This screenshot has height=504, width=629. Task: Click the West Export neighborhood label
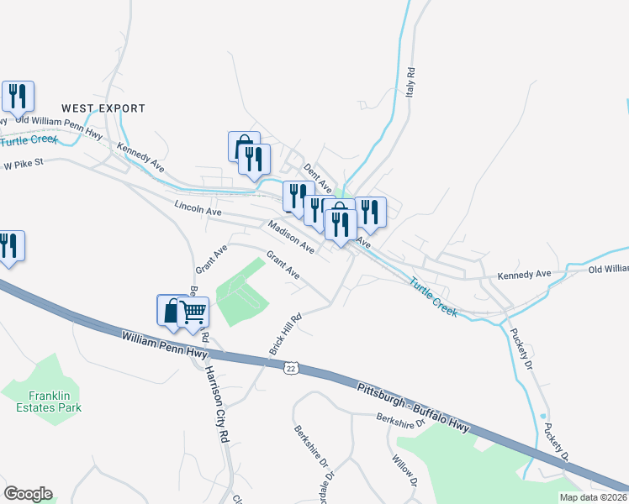click(x=103, y=108)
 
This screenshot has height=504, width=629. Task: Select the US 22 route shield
click(x=291, y=368)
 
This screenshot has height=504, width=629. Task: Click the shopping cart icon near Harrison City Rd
click(x=193, y=312)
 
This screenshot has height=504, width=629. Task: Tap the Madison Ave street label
click(x=291, y=237)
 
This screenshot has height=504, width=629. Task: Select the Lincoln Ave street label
click(x=198, y=208)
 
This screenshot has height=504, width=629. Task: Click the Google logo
click(x=28, y=494)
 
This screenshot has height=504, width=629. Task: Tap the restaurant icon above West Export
click(x=17, y=96)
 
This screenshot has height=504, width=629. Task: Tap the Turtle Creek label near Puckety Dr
click(x=434, y=296)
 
